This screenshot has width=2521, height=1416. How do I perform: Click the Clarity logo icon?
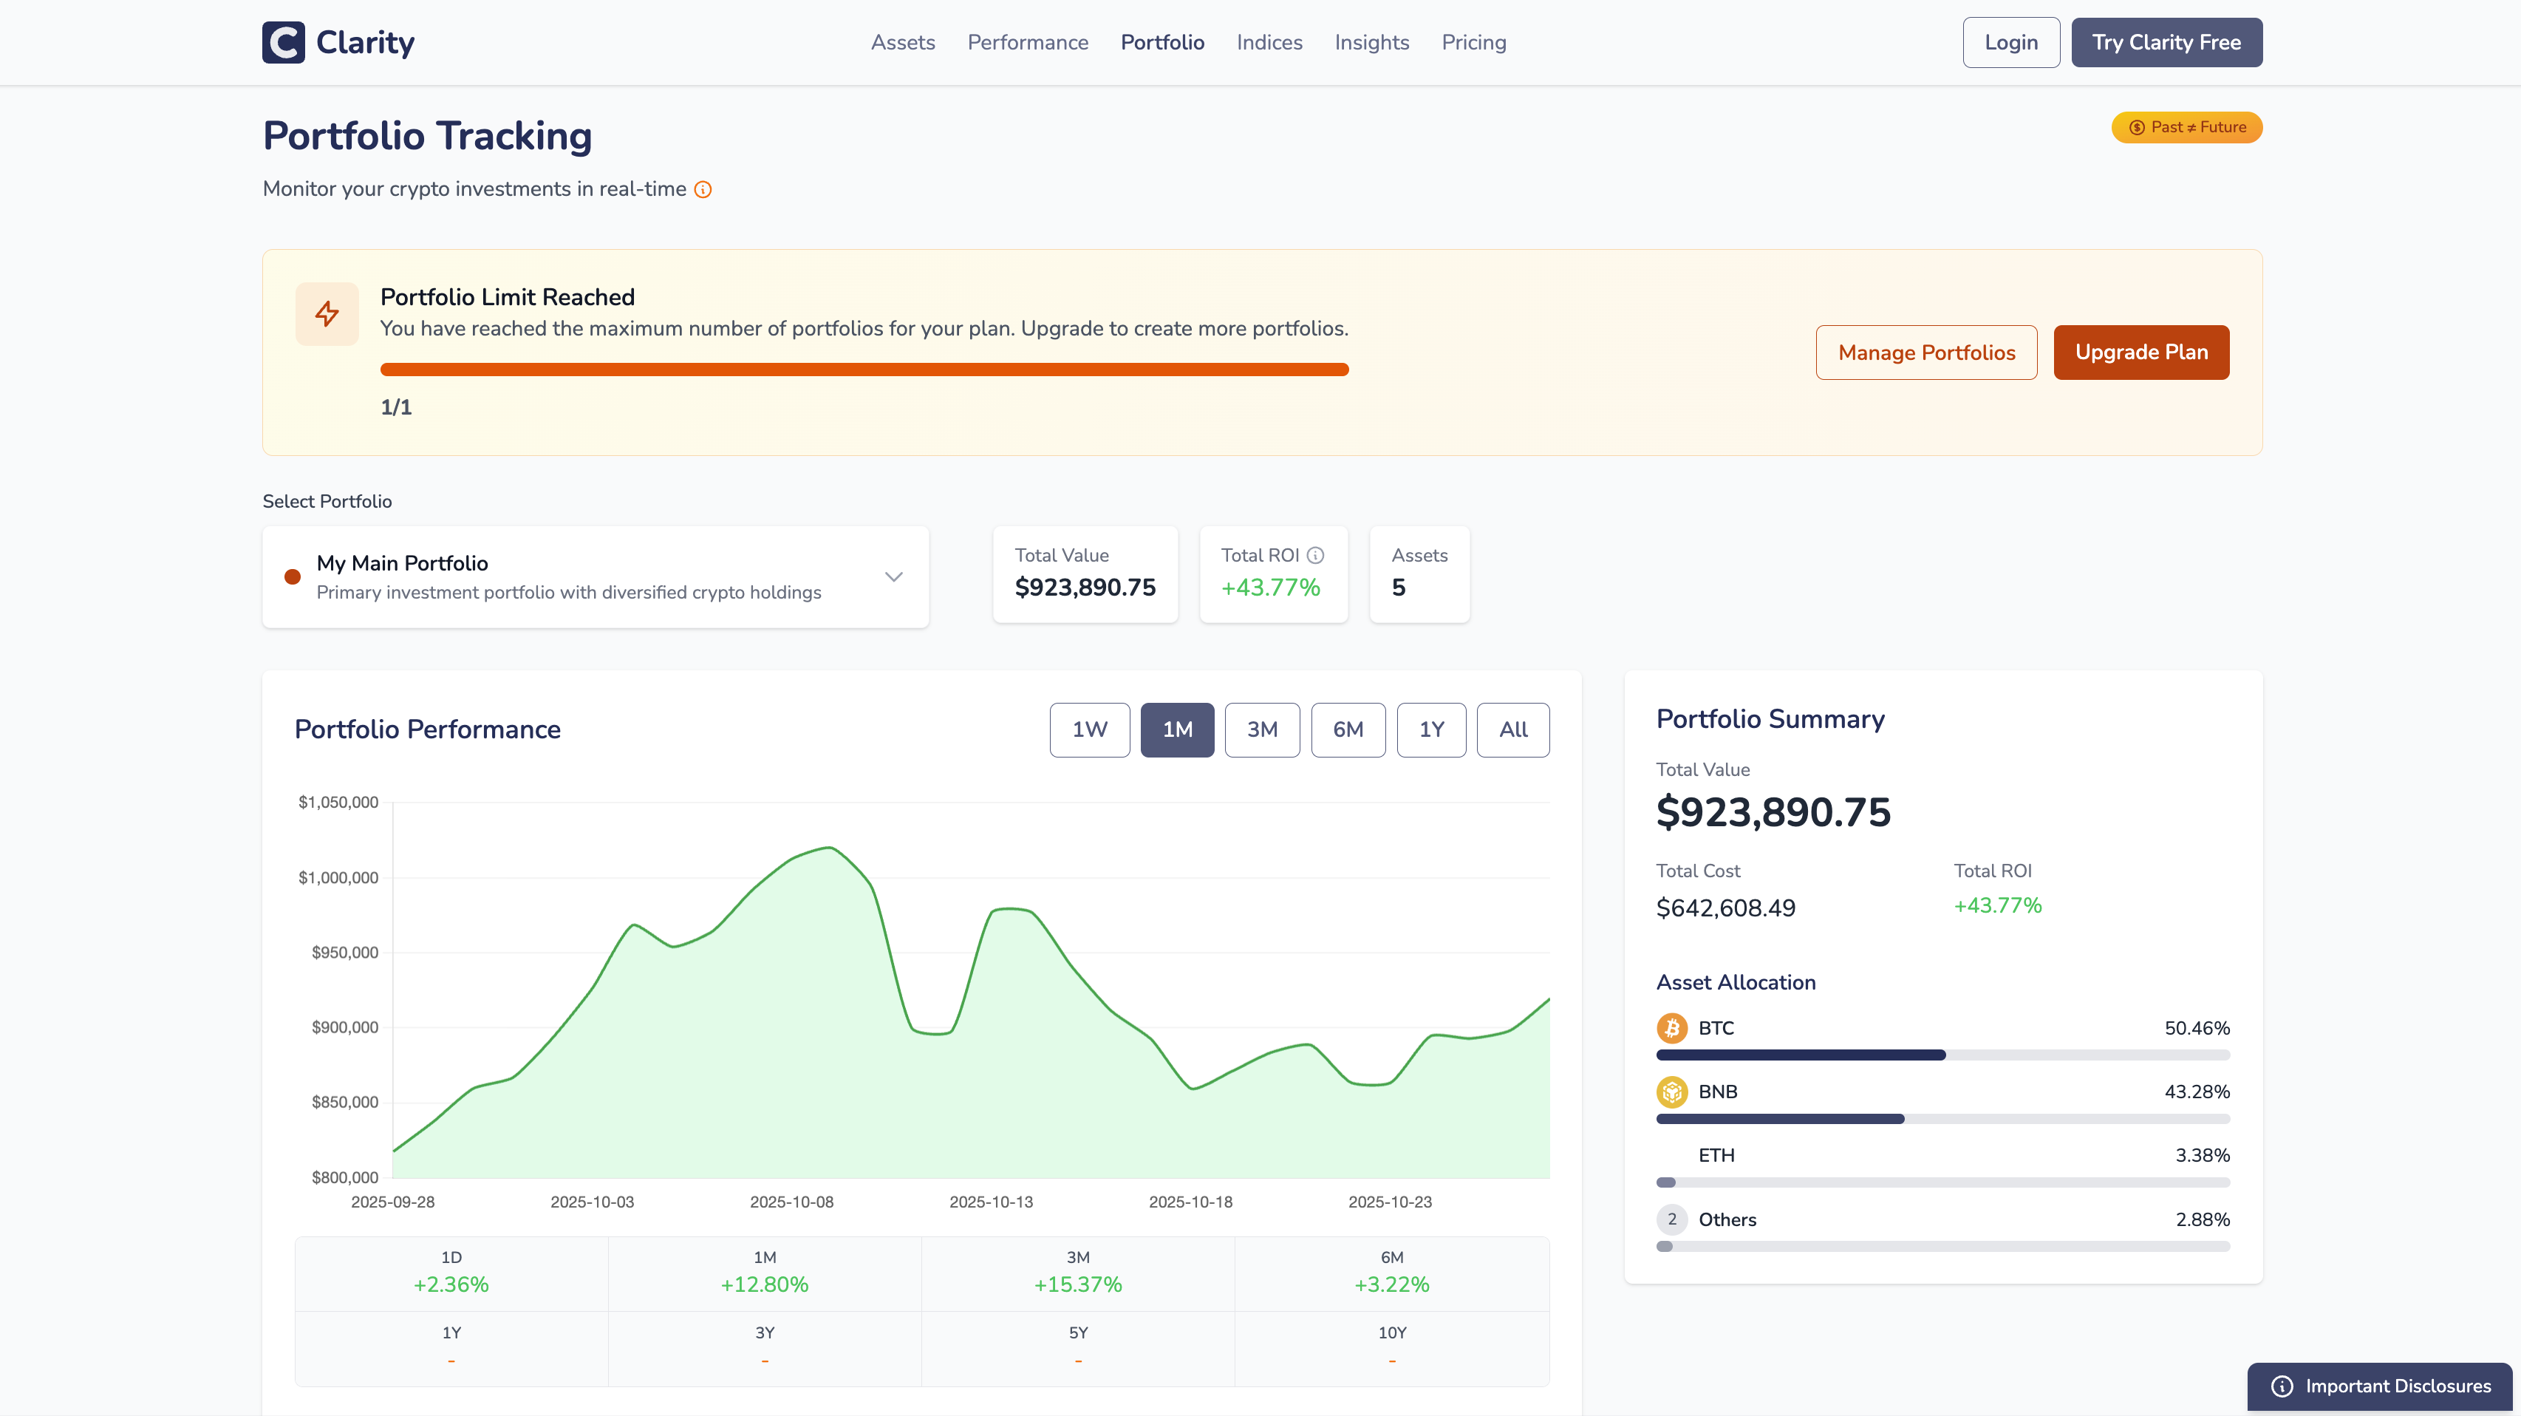tap(284, 42)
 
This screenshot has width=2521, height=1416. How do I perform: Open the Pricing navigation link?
tap(1473, 42)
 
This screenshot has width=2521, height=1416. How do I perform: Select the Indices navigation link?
tap(1269, 42)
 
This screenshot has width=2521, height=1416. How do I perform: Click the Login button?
tap(2010, 42)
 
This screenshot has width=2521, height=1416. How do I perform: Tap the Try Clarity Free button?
tap(2166, 42)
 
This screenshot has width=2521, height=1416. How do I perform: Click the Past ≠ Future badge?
tap(2186, 127)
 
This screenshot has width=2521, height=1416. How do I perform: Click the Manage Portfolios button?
tap(1926, 353)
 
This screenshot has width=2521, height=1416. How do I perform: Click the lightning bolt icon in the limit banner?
tap(327, 313)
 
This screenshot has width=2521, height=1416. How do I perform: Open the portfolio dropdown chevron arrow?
tap(893, 576)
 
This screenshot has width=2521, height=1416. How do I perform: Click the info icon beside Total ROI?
tap(1315, 555)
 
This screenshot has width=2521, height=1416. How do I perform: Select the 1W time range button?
tap(1089, 729)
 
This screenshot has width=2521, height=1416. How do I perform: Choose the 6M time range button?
tap(1348, 729)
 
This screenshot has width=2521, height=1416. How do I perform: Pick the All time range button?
tap(1512, 729)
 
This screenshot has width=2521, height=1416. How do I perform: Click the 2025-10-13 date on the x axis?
tap(990, 1202)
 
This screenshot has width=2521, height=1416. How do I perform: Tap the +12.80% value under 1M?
tap(764, 1284)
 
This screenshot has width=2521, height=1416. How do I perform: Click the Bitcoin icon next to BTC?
tap(1671, 1027)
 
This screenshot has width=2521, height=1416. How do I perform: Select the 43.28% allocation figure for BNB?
tap(2196, 1091)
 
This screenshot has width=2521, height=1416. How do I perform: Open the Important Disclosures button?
tap(2379, 1386)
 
